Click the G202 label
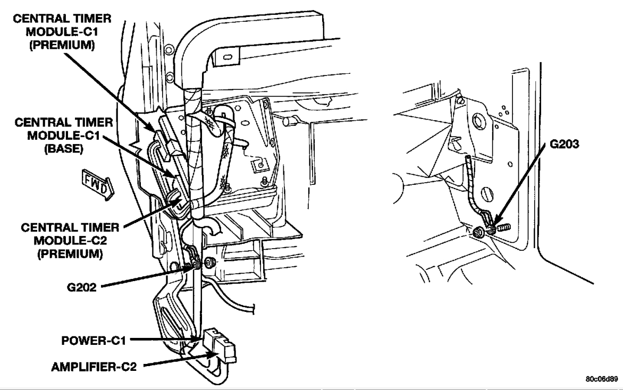pos(82,287)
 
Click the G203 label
pos(564,144)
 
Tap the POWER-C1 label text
pos(94,341)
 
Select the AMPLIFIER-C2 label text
pos(94,367)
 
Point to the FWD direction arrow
pos(98,185)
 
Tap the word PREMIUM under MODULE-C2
pos(70,253)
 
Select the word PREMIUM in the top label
pos(62,45)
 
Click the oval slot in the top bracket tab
pos(227,57)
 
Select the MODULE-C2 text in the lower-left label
pos(70,240)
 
